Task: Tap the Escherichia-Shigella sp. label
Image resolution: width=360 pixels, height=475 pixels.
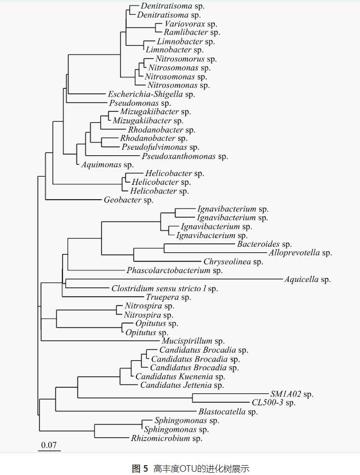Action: [151, 94]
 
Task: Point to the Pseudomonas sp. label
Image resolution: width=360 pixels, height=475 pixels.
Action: [140, 103]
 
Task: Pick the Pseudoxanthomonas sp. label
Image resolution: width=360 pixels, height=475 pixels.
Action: [185, 156]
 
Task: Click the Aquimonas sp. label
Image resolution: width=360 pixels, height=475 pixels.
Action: [107, 165]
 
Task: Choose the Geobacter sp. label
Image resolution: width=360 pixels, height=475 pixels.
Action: [129, 200]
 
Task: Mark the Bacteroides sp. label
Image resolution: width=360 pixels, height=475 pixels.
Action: [264, 244]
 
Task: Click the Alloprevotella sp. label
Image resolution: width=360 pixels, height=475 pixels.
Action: [300, 253]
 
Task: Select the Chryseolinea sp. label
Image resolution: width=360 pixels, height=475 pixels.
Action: [233, 262]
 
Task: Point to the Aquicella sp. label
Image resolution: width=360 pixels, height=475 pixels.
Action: [307, 280]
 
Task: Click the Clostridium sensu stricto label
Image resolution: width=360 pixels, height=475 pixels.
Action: [164, 289]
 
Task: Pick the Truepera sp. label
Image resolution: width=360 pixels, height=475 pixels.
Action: [168, 297]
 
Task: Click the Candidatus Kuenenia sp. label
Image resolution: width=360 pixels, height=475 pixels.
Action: [180, 377]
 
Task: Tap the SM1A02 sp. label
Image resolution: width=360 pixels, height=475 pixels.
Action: [292, 394]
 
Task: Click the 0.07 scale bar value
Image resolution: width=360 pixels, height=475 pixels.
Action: [49, 444]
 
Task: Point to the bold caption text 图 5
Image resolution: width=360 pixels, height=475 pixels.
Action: [140, 468]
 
